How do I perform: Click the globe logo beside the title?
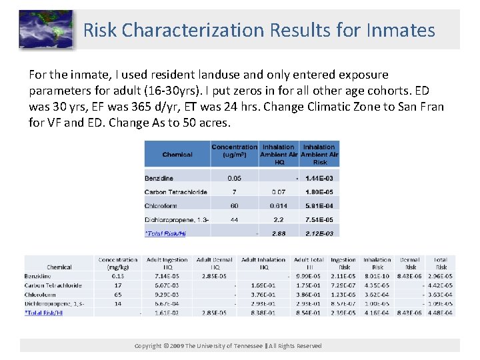45,30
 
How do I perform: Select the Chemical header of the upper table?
177,155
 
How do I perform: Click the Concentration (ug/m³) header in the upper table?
234,151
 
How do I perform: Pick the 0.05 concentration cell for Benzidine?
234,178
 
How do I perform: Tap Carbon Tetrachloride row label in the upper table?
176,192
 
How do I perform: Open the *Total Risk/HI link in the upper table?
165,233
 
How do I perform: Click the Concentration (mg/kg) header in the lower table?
118,263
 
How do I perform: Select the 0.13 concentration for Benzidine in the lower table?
118,276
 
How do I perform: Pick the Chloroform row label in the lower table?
40,294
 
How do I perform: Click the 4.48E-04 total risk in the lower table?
441,313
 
